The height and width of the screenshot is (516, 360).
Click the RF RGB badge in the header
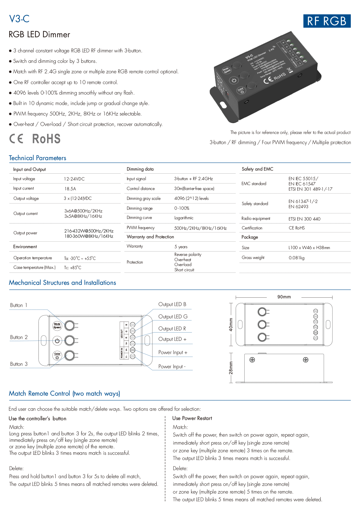click(x=327, y=21)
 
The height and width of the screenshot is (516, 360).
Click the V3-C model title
click(x=19, y=19)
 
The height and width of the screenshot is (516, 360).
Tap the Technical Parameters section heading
click(x=38, y=158)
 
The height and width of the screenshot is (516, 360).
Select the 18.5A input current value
click(x=70, y=189)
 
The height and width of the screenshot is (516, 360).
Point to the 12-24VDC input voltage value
click(x=74, y=179)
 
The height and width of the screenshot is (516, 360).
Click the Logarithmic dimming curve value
click(x=184, y=218)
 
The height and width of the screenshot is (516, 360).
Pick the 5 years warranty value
click(x=181, y=247)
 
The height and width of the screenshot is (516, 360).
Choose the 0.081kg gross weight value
click(x=296, y=258)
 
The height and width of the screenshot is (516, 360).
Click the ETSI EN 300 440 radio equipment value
click(x=304, y=219)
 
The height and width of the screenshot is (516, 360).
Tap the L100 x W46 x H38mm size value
click(x=309, y=248)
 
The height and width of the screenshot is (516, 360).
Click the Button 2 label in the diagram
click(x=19, y=337)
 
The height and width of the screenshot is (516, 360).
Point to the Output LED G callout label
click(x=173, y=316)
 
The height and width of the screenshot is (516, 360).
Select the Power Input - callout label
click(x=172, y=366)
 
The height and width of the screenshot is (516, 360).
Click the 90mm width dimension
click(x=284, y=297)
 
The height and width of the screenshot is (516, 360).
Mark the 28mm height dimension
click(x=231, y=368)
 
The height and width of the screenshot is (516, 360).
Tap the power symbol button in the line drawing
click(x=57, y=341)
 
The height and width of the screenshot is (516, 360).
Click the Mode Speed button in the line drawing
click(x=57, y=325)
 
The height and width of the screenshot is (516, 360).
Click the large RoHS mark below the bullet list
click(x=46, y=139)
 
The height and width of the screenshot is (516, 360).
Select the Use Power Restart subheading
click(x=192, y=418)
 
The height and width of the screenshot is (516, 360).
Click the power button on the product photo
click(x=234, y=81)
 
